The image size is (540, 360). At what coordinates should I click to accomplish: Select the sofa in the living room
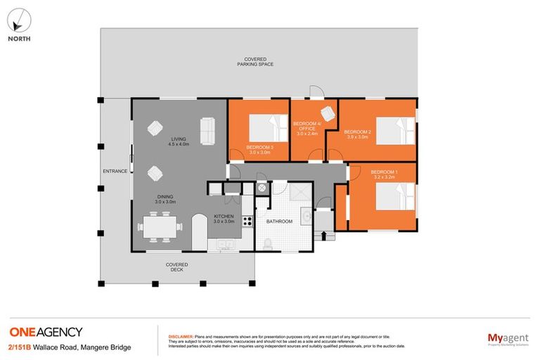[207, 129]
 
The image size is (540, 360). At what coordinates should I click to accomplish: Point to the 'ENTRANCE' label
[115, 171]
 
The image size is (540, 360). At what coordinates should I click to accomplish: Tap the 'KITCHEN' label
[224, 217]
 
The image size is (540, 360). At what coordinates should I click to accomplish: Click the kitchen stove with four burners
[247, 221]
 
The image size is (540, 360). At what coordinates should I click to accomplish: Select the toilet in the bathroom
[268, 243]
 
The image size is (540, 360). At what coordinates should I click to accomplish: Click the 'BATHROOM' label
[279, 221]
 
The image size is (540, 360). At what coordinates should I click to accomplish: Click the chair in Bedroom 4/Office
[328, 113]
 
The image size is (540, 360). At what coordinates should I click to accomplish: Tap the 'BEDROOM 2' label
[357, 131]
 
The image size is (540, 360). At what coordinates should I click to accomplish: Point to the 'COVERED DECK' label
[176, 267]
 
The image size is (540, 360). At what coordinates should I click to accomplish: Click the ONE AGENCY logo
[45, 332]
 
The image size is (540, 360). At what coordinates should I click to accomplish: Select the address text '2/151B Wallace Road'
[39, 347]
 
